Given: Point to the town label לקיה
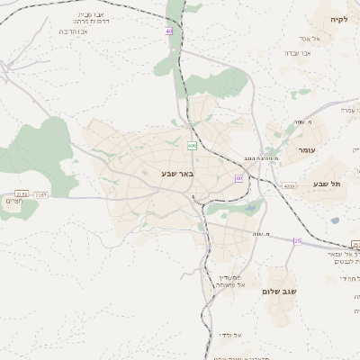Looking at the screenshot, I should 337,19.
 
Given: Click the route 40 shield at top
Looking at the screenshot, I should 168,31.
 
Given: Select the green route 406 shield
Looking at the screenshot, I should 192,146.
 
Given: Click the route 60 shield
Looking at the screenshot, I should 238,179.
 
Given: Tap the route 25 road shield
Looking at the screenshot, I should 296,240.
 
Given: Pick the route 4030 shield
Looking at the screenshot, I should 288,185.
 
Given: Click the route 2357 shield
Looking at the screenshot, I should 41,193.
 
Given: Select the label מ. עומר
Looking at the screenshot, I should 302,121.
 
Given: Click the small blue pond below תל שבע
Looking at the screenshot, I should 335,220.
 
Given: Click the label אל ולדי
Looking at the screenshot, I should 230,335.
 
